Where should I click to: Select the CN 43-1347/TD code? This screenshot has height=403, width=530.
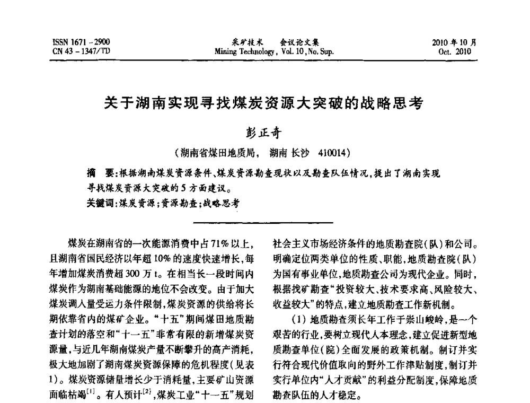coord(82,51)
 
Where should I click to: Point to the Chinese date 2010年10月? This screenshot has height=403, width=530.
coord(455,42)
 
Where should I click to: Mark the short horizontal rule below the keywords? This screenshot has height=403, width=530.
coord(265,222)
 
